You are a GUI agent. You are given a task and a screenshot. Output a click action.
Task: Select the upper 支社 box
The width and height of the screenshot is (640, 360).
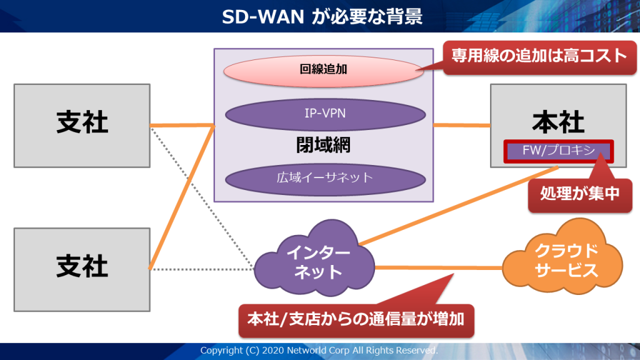[82, 124]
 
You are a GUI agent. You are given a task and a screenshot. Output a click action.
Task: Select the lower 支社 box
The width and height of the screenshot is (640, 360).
[82, 269]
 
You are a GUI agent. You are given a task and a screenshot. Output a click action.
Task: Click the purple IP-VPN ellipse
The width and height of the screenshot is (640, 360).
[325, 114]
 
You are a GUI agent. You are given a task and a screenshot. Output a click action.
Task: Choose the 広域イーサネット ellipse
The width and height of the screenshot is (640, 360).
[325, 177]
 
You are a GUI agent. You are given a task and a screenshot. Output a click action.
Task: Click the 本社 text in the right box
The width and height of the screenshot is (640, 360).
[558, 122]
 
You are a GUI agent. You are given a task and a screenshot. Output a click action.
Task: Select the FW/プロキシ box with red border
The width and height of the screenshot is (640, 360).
[558, 151]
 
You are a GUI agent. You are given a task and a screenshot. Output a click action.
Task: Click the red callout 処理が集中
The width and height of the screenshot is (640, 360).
[579, 194]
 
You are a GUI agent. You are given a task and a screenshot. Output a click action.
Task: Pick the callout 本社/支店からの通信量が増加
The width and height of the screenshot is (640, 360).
[356, 319]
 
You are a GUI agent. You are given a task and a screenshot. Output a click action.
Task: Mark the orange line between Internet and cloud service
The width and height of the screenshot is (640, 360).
[437, 268]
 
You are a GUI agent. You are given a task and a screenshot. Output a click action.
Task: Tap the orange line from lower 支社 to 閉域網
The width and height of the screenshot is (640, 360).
[181, 197]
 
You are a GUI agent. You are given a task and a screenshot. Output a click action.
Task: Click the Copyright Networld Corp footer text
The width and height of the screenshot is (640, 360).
[319, 351]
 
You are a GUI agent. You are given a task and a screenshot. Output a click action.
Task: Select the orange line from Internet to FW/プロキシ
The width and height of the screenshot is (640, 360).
[456, 206]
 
